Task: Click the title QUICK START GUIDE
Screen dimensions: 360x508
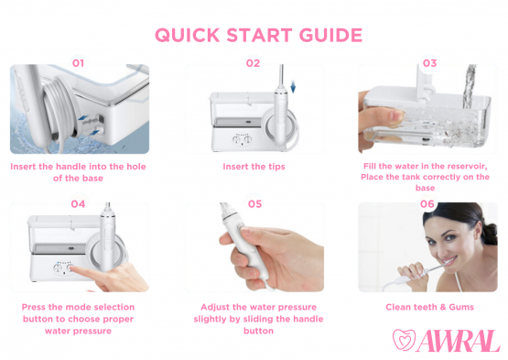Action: pos(257,35)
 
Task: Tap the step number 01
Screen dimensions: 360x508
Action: pos(78,63)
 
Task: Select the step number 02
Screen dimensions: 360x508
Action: pos(253,63)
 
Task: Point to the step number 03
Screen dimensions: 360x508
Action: pos(428,63)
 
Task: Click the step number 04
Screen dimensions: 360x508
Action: pos(78,203)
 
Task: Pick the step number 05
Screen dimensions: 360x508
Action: pos(254,203)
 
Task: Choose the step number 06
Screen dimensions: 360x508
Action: pos(427,203)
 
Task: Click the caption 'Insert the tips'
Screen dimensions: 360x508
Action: pos(254,167)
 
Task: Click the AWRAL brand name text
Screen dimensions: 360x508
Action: pos(459,341)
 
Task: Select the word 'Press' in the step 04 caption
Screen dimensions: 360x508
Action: pos(36,307)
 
